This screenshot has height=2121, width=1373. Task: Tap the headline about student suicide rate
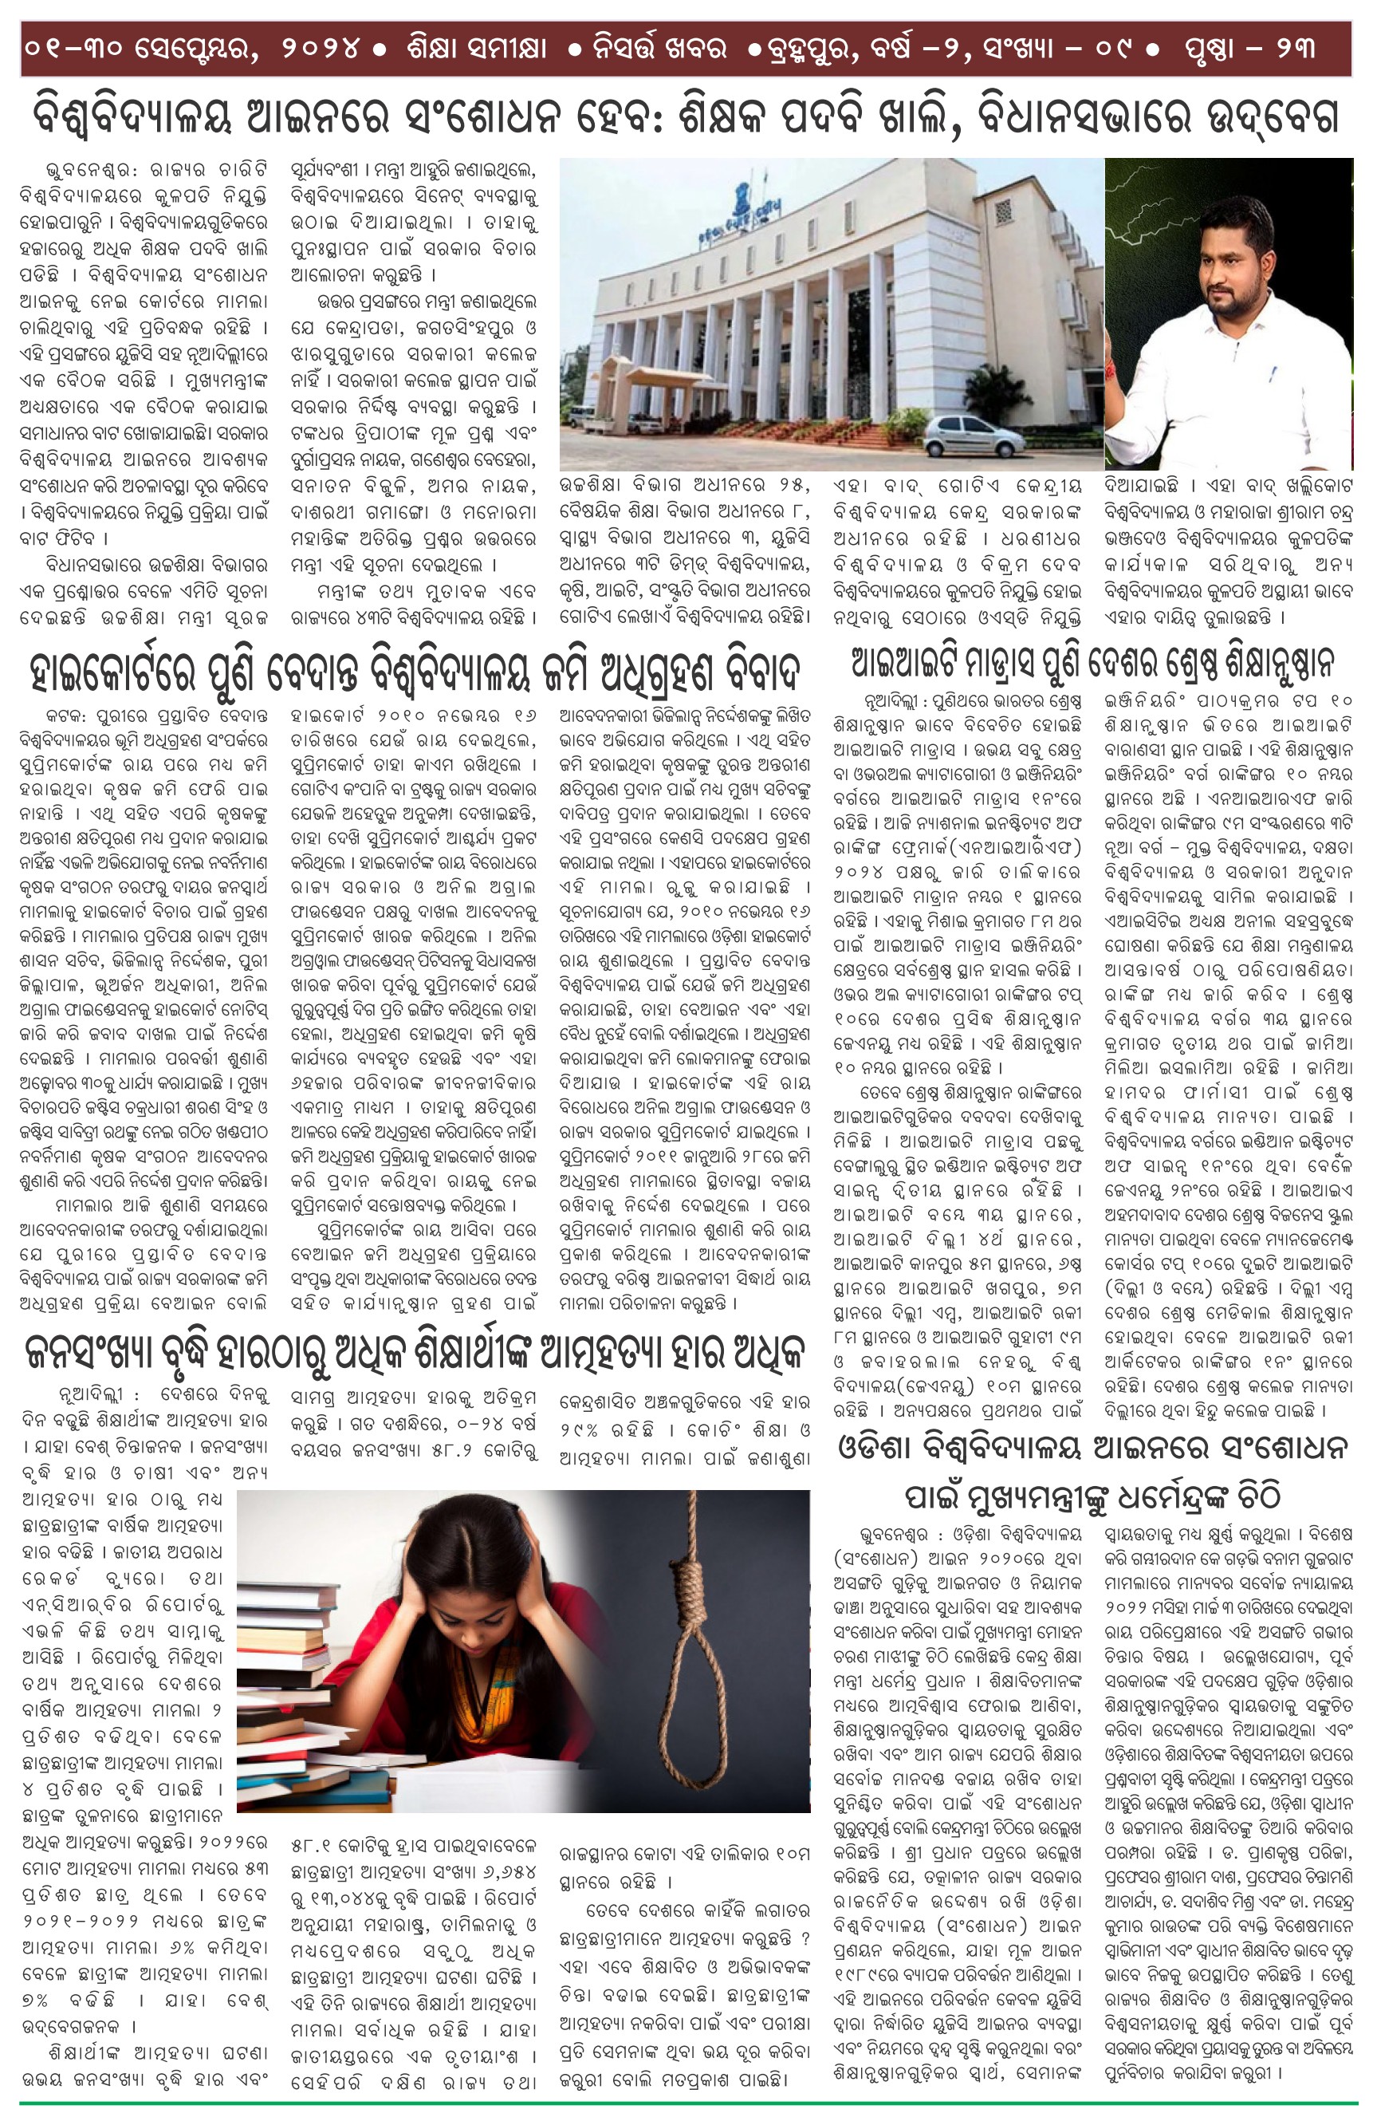click(415, 1353)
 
